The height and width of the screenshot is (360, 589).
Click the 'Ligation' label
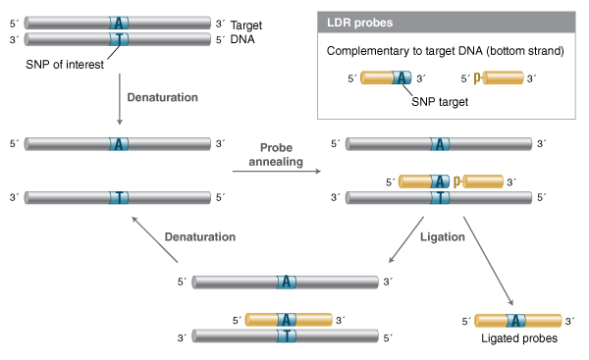coord(441,236)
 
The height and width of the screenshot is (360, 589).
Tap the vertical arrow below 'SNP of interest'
coord(119,98)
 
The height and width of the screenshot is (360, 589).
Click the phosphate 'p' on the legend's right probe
coord(477,79)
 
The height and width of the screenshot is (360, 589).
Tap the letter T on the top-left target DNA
coord(119,39)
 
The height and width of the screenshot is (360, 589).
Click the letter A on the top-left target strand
coord(119,22)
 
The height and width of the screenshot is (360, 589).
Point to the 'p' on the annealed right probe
coord(457,180)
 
